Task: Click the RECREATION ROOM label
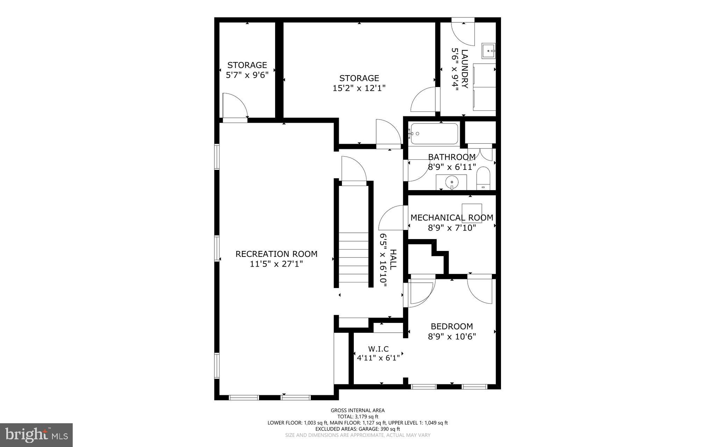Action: pyautogui.click(x=276, y=254)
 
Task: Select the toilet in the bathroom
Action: pyautogui.click(x=484, y=178)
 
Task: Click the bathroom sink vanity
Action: pyautogui.click(x=451, y=182)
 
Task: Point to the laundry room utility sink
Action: pyautogui.click(x=488, y=51)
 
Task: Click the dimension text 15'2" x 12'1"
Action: pyautogui.click(x=359, y=88)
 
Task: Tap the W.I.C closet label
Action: pyautogui.click(x=378, y=349)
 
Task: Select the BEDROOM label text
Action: pyautogui.click(x=452, y=326)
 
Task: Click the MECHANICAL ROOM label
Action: pyautogui.click(x=452, y=218)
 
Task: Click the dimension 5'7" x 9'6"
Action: pyautogui.click(x=247, y=75)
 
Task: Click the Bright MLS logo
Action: pyautogui.click(x=36, y=435)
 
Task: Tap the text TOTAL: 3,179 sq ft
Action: pyautogui.click(x=358, y=417)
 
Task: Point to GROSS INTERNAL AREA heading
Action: pyautogui.click(x=358, y=410)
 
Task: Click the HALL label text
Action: pyautogui.click(x=393, y=259)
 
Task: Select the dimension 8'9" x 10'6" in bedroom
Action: pyautogui.click(x=452, y=337)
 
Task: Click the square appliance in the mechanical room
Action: pyautogui.click(x=472, y=213)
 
